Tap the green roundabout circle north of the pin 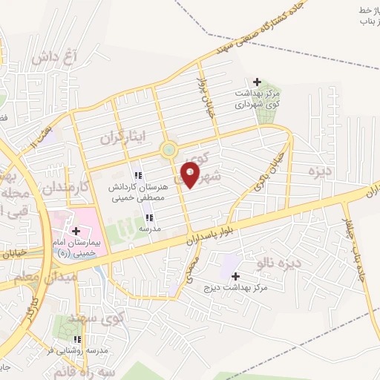[168, 151]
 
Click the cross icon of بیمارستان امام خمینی [76, 231]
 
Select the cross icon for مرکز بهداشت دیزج [235, 276]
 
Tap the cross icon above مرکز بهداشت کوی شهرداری [258, 82]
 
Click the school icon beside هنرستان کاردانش [137, 176]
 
